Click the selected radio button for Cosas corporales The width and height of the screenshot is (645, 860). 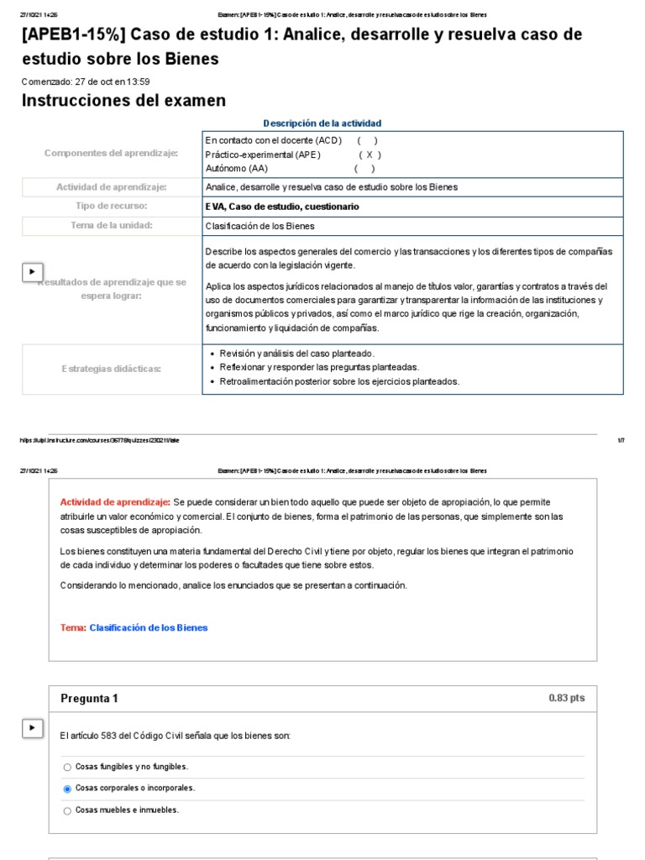click(x=67, y=789)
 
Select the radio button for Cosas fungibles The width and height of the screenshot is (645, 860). click(x=67, y=767)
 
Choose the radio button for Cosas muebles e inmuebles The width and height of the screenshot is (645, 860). click(x=67, y=810)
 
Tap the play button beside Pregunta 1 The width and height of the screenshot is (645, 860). click(x=31, y=728)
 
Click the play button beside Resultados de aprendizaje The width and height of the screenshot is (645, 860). click(x=31, y=272)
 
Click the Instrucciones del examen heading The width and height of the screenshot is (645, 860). click(x=123, y=101)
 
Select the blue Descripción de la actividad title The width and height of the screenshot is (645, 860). click(x=322, y=123)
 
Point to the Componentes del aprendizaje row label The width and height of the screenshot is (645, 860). click(x=111, y=153)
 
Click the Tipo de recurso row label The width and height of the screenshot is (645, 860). click(x=111, y=206)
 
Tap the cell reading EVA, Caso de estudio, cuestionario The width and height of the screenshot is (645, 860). click(x=282, y=206)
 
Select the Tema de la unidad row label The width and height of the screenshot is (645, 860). click(x=111, y=225)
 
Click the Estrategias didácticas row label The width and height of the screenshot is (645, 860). click(x=111, y=369)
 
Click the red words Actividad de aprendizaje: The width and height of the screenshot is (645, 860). click(x=115, y=502)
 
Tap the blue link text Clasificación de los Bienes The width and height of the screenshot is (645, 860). click(x=148, y=627)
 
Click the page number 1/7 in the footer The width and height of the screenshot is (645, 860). click(x=621, y=440)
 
